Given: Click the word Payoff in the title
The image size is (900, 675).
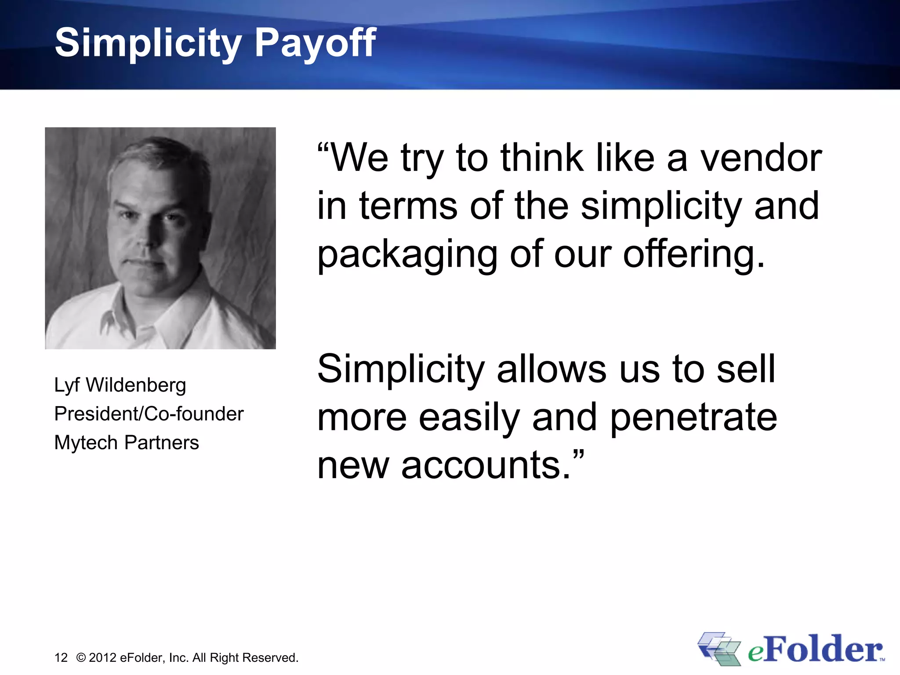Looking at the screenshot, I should [x=315, y=43].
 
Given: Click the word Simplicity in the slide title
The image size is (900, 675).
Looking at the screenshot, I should [x=148, y=43].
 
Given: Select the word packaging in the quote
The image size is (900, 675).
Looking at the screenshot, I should [x=407, y=255].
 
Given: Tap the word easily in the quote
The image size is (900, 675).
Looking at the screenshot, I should [x=469, y=417].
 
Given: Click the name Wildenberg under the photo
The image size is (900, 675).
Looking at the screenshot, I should [x=136, y=385].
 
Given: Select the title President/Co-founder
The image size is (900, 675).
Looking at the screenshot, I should [x=149, y=414].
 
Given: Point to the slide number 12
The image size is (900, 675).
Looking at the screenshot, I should [x=61, y=657].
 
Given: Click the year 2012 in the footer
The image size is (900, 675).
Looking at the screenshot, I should [x=102, y=657].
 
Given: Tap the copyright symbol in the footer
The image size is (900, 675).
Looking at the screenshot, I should [x=81, y=657].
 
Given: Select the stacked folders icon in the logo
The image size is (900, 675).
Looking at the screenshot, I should [x=719, y=649].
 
